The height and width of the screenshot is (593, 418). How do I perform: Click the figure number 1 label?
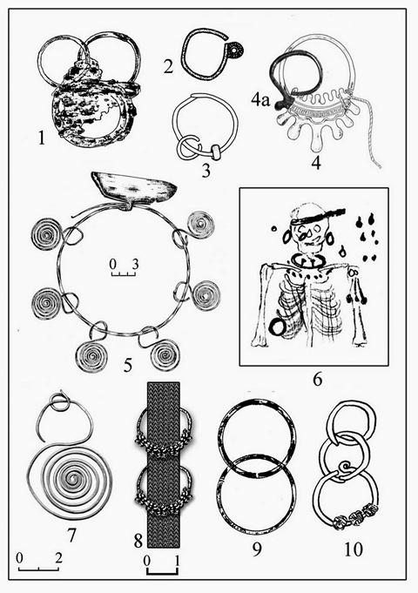coord(41,138)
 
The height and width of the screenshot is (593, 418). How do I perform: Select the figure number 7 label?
coord(71,535)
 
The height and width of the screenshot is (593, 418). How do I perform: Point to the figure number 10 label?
coord(354,549)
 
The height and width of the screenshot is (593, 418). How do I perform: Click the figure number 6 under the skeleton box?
coord(317,380)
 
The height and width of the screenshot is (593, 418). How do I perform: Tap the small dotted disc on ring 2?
coord(237,50)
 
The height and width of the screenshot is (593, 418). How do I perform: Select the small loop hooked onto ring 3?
coord(187,147)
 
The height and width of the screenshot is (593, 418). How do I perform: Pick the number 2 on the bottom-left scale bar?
coord(57,558)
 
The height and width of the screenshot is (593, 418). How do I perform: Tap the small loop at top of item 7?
coord(59,402)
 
